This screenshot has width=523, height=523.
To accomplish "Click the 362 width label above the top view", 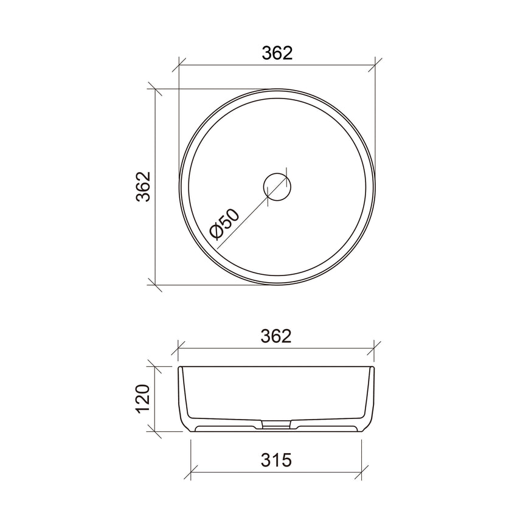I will pos(277,53).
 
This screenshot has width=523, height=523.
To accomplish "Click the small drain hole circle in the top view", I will pos(277,186).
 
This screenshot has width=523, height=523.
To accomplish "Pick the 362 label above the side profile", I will pos(277,336).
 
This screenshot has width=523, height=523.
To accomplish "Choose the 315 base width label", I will pos(277,460).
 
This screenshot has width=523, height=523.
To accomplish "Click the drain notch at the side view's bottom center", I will pos(276,424).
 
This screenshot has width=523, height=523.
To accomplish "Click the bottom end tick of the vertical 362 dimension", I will pos(156,283).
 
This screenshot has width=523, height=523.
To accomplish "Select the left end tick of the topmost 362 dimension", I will pos(179,64).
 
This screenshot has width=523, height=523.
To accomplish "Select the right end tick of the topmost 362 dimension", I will pos(376,64).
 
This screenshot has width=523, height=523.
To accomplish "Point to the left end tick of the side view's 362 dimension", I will pos(179,348).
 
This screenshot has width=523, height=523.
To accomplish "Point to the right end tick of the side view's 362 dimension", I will pos(376,348).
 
